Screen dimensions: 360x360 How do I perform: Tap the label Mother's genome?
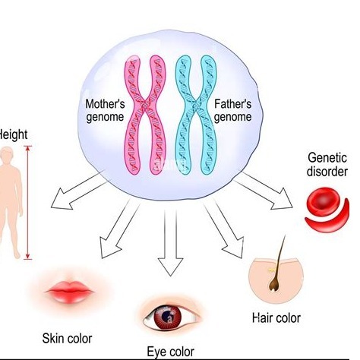pyautogui.click(x=105, y=111)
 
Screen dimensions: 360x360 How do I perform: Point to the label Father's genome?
pyautogui.click(x=232, y=111)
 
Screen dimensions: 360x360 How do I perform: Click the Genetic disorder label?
pyautogui.click(x=327, y=165)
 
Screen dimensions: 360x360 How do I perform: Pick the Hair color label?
pyautogui.click(x=276, y=318)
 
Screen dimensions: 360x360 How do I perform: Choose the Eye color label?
pyautogui.click(x=171, y=352)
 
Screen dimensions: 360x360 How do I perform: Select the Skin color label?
pyautogui.click(x=67, y=339)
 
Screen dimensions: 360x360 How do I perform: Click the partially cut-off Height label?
pyautogui.click(x=13, y=134)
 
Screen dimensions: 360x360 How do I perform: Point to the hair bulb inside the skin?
pyautogui.click(x=273, y=285)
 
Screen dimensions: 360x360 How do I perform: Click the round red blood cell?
pyautogui.click(x=321, y=201)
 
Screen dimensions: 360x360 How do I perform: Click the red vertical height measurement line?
pyautogui.click(x=28, y=203)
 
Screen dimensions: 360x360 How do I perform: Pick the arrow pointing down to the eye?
pyautogui.click(x=170, y=242)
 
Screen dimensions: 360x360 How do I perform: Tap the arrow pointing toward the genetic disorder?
pyautogui.click(x=264, y=191)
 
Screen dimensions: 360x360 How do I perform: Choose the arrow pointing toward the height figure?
pyautogui.click(x=79, y=191)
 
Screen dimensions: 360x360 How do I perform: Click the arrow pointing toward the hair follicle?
pyautogui.click(x=224, y=229)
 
